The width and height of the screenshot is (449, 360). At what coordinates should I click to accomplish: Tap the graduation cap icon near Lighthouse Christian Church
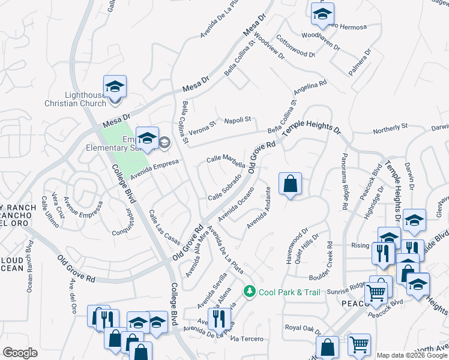tap(115, 88)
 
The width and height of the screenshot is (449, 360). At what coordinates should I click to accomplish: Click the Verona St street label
tap(204, 127)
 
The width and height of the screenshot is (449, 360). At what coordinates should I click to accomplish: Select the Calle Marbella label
tap(226, 161)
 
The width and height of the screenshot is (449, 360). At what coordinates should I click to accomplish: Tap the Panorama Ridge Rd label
tap(345, 180)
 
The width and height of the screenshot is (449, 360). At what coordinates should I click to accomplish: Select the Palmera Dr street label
tap(360, 62)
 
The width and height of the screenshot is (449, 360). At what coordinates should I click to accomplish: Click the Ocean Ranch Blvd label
tap(29, 266)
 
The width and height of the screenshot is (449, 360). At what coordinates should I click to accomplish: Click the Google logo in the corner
tap(20, 353)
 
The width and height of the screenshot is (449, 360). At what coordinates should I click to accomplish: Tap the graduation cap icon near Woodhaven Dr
tap(322, 16)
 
